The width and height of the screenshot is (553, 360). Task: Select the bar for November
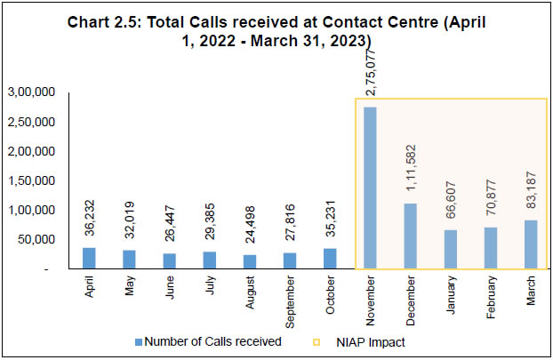[369, 188]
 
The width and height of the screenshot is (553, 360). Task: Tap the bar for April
[88, 258]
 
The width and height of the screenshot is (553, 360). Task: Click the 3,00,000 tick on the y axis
[32, 92]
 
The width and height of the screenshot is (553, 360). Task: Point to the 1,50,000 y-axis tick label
[32, 180]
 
